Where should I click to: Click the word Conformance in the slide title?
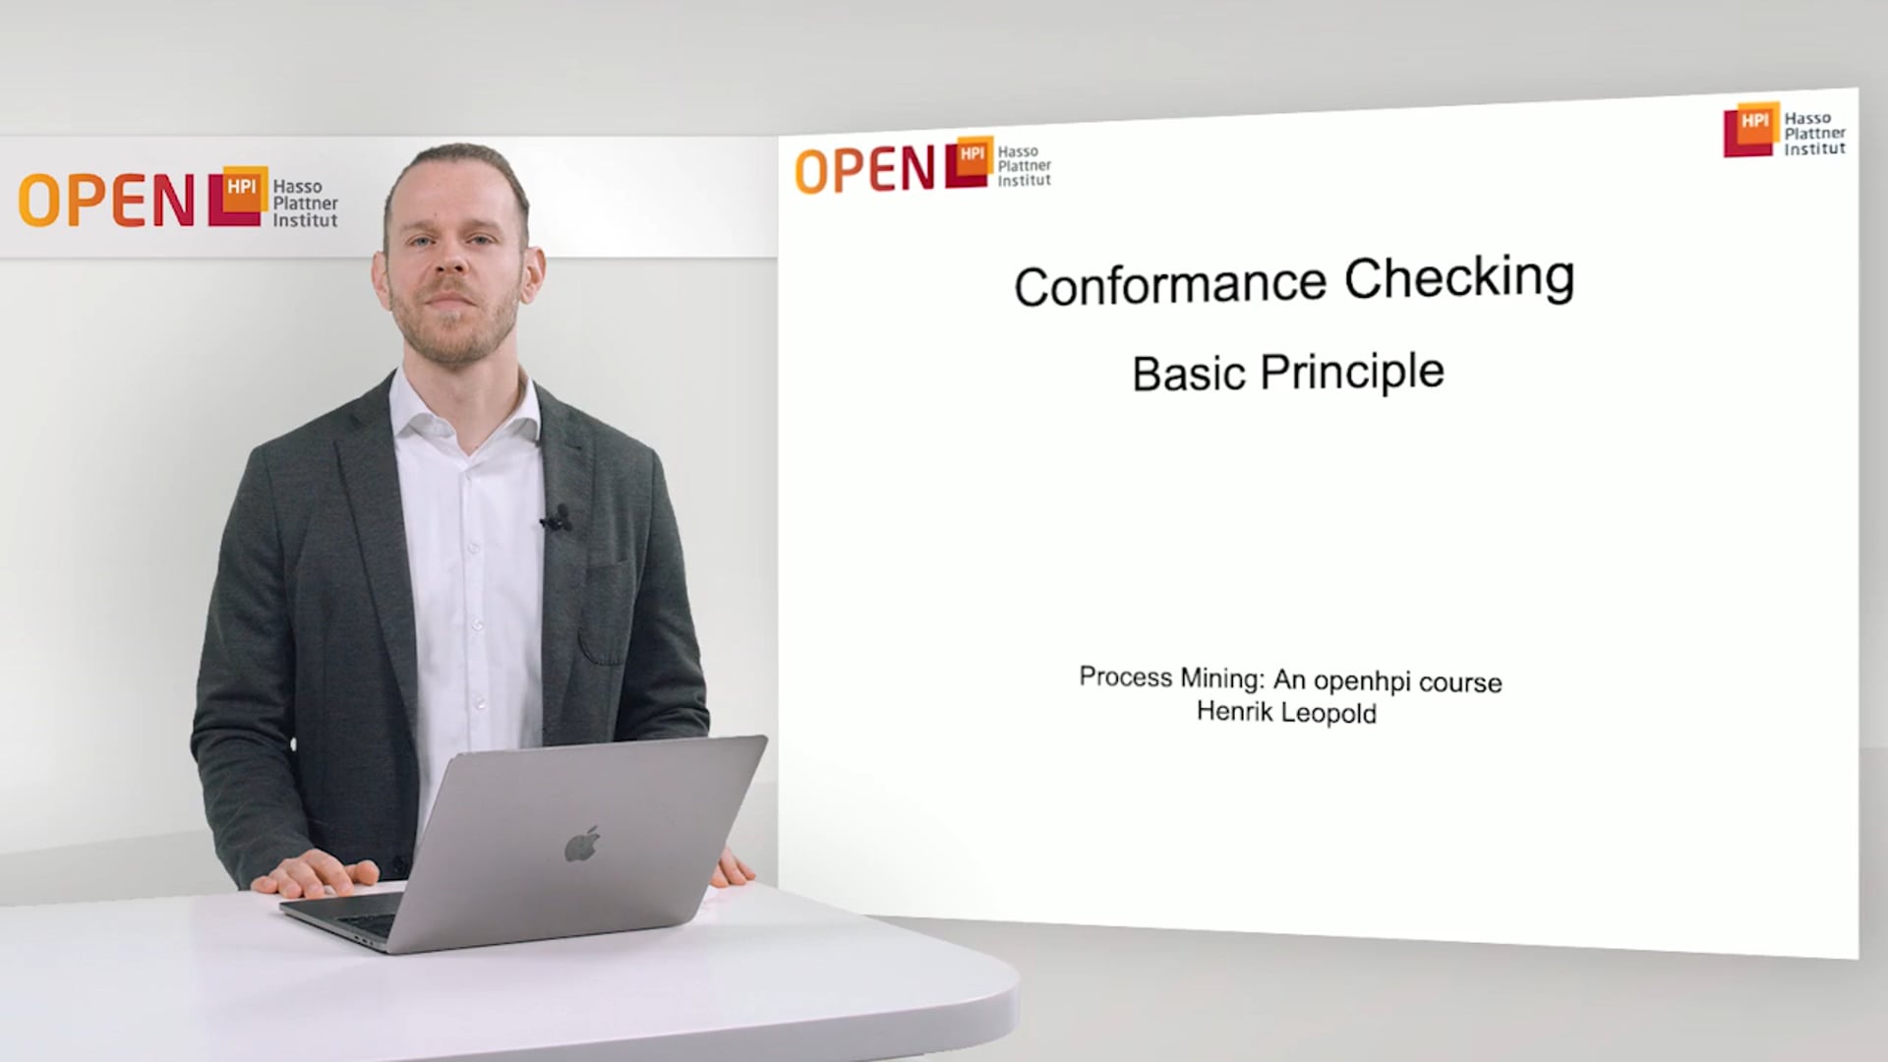1170,285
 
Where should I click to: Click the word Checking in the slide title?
1459,278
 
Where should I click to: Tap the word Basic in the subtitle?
1188,375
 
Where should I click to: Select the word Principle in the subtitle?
1352,372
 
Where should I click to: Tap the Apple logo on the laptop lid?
582,844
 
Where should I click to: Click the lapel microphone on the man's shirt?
558,518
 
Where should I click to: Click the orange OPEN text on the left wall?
106,201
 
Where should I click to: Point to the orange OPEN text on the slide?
864,169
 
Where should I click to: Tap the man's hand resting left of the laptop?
315,872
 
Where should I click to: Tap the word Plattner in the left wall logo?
305,204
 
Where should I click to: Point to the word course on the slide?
1460,683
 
